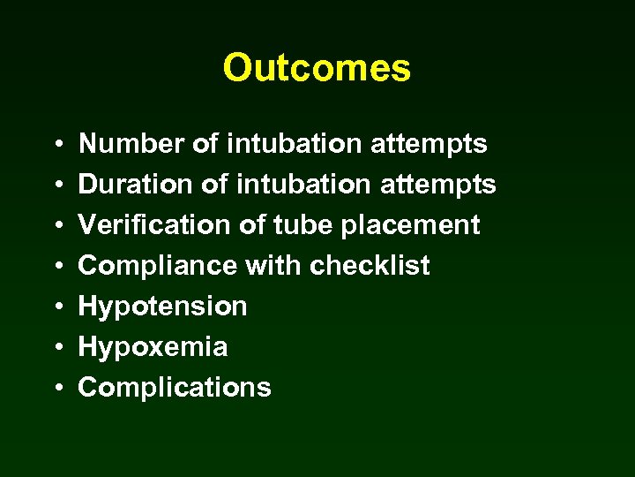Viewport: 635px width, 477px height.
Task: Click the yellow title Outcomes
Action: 317,68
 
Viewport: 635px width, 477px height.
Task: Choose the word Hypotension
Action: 163,307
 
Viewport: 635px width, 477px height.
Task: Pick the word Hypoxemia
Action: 153,347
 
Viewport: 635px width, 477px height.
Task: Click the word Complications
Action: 175,388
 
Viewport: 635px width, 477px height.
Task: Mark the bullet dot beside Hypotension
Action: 56,307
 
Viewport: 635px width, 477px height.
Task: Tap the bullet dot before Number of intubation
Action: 56,144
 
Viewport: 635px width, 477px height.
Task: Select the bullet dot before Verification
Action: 56,225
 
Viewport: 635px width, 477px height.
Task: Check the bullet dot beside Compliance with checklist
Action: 56,266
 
